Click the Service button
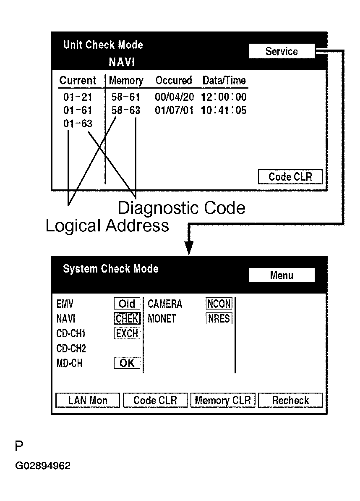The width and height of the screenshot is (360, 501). coord(281,51)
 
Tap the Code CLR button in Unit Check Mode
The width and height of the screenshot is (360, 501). coord(290,177)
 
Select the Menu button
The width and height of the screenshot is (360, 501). coord(281,275)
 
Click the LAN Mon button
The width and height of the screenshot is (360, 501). coord(88,400)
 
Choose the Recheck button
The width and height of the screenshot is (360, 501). coord(290,400)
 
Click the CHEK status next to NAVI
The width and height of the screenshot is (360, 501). coord(127,319)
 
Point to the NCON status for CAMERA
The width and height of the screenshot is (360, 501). coord(219,304)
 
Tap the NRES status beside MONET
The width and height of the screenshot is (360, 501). coord(219,319)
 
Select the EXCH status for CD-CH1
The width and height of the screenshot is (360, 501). coord(127,333)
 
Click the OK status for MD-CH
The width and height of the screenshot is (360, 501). coord(127,363)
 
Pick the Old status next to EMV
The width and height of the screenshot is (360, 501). coord(127,304)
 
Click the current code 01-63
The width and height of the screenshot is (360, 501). coord(78,124)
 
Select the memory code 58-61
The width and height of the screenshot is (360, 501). coord(126,97)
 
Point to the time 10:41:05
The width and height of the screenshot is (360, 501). coord(224,110)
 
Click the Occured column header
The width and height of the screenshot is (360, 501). coord(174,80)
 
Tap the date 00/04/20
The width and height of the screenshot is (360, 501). coord(175,97)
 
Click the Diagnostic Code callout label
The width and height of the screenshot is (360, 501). coord(181,208)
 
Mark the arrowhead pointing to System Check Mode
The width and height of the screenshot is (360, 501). coord(189,249)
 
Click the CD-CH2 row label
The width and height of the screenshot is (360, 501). coord(71,349)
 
